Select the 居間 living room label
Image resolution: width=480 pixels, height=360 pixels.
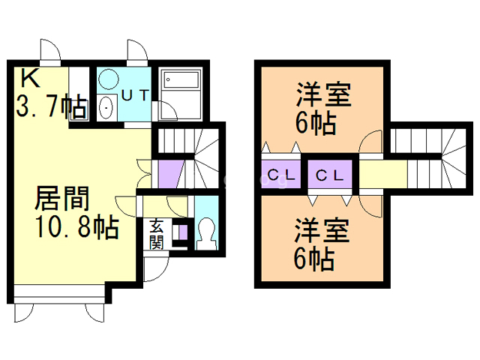tap(63, 199)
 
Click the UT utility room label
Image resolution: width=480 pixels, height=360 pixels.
tap(134, 95)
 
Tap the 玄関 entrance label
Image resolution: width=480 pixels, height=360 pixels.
tap(156, 233)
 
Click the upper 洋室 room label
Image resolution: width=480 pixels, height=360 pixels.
tap(324, 97)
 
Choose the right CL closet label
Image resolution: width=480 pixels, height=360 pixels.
tap(329, 176)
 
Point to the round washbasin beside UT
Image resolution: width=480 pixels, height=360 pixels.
tap(108, 79)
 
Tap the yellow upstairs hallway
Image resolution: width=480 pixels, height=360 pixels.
tap(382, 176)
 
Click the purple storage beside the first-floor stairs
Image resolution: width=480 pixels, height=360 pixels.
tap(169, 177)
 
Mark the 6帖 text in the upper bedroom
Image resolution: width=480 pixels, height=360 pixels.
tap(315, 121)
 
